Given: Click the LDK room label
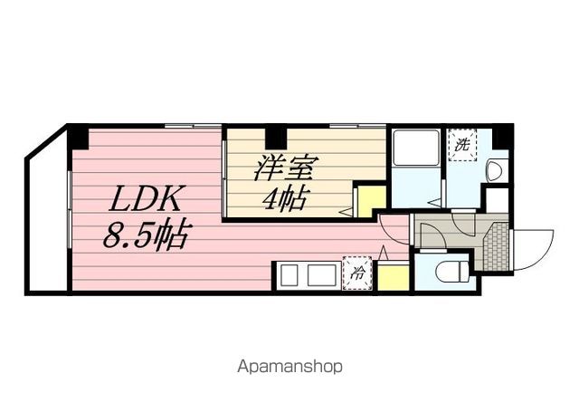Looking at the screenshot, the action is coord(145,198).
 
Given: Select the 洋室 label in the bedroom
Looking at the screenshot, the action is coord(283,168).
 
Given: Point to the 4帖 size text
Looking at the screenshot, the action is coord(284,199).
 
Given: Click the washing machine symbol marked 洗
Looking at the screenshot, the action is coord(462,145).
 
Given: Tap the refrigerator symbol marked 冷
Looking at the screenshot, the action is coord(357,273).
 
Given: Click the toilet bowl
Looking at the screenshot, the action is coord(452,272).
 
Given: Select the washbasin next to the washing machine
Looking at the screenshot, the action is coord(498,170).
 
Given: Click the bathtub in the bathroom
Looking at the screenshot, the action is coord(416,148).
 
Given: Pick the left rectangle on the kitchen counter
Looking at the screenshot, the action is coord(289,274).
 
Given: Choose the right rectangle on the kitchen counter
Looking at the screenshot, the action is coord(322,274).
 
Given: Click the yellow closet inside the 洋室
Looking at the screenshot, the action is coord(372,202).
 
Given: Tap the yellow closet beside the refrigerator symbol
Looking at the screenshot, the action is coord(393,277).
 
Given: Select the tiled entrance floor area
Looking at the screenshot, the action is coord(497,246).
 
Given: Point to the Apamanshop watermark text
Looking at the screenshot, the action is coord(289,367).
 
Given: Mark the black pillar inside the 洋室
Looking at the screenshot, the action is coord(276,138).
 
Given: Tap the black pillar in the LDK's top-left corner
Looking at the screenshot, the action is coord(80,138).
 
